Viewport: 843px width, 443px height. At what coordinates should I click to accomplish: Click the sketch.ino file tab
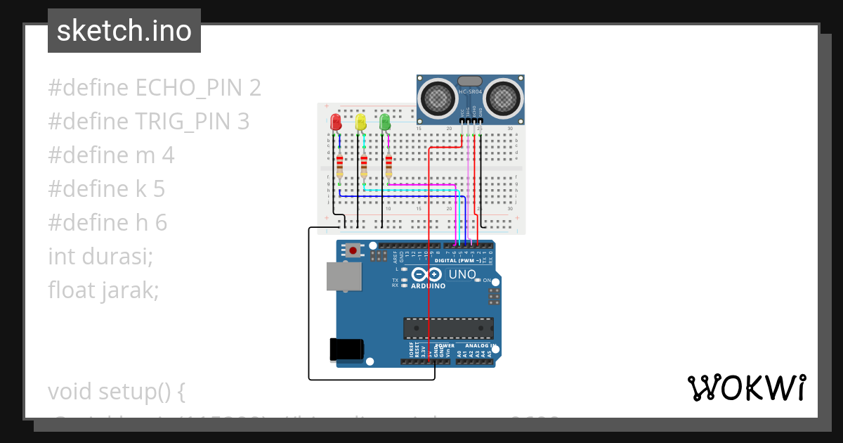coord(124,31)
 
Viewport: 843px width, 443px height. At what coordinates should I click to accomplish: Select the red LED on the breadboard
coord(336,122)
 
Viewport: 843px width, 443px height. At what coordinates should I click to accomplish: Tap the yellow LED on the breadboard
coord(360,122)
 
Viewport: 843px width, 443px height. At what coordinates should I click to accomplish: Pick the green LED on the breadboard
coord(384,122)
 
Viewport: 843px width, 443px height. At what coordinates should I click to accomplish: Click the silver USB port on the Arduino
coord(343,277)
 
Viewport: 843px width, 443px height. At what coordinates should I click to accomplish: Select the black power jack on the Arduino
coord(347,349)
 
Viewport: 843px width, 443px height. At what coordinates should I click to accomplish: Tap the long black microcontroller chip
coord(448,328)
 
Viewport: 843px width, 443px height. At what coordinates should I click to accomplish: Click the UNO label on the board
coord(482,274)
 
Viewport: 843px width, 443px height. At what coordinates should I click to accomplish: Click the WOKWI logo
coord(746,387)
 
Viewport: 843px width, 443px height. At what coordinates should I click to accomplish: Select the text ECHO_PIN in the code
coord(190,88)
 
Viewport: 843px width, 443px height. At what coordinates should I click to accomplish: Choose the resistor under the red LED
coord(340,166)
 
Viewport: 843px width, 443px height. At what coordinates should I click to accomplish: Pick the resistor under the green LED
coord(388,166)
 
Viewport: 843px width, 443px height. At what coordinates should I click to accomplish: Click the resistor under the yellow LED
coord(364,166)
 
